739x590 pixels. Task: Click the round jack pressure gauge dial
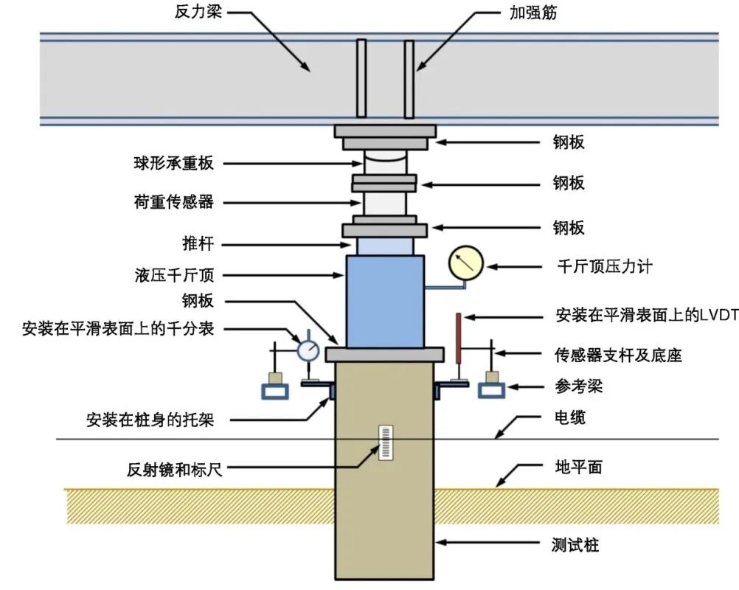(465, 263)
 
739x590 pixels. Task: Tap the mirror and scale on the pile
(384, 442)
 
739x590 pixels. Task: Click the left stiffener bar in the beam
(361, 79)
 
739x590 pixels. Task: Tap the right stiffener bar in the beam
(409, 79)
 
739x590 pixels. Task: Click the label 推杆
(197, 243)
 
